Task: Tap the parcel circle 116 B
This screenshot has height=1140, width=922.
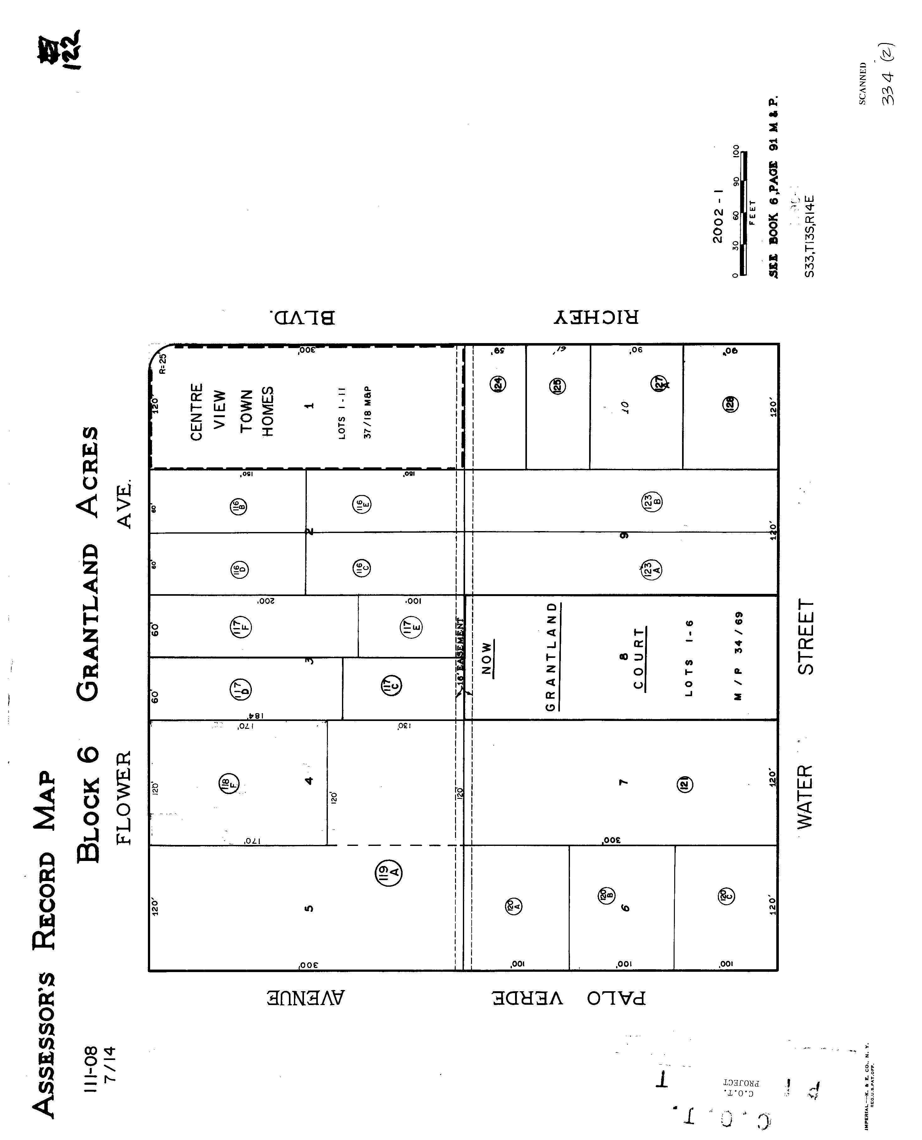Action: click(x=238, y=506)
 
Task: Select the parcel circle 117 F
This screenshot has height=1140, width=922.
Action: click(x=241, y=627)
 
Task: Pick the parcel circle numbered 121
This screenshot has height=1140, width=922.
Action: click(x=685, y=784)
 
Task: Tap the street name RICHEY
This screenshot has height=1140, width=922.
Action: click(x=596, y=317)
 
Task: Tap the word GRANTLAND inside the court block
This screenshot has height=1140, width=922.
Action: click(x=552, y=657)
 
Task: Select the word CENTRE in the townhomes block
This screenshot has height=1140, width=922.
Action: click(x=197, y=412)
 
